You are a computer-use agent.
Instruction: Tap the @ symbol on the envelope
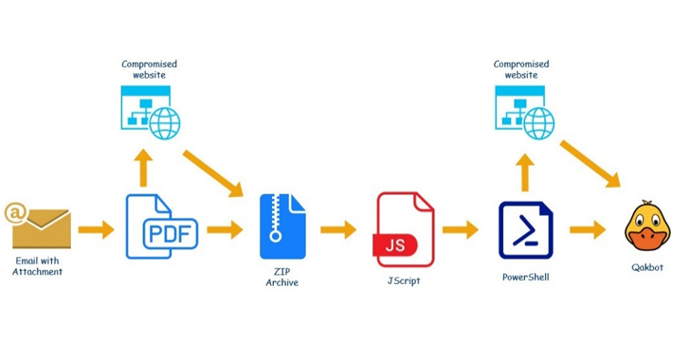tap(15, 212)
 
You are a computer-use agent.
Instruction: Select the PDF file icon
tap(162, 227)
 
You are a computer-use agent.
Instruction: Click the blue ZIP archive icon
tap(283, 227)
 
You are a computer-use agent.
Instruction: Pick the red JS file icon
tap(405, 228)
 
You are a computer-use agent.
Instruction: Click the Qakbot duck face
tap(647, 227)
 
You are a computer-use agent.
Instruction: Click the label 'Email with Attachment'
tap(38, 265)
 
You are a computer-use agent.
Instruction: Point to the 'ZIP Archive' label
tap(282, 277)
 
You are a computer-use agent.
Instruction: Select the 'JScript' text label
tap(406, 281)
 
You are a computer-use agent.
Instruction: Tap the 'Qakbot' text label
tap(647, 268)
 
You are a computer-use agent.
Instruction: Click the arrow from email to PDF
tap(96, 228)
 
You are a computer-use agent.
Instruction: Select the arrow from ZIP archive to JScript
tap(338, 228)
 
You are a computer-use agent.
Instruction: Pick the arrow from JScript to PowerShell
tap(461, 228)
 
